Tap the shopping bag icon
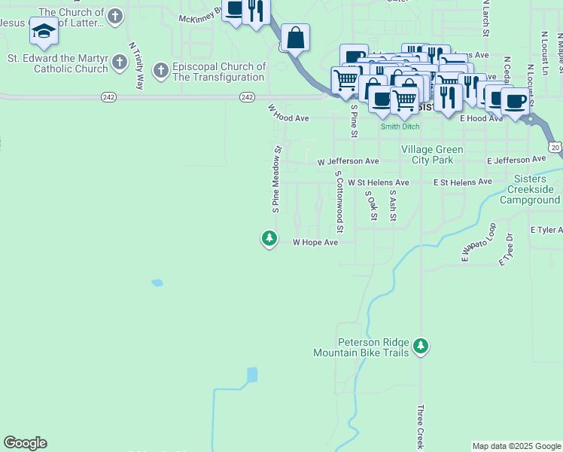click(x=296, y=37)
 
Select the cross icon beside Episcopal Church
click(x=160, y=71)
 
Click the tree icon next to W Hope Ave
click(x=269, y=239)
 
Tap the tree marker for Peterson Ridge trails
click(x=421, y=347)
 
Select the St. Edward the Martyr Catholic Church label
click(x=58, y=64)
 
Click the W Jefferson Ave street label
click(x=348, y=162)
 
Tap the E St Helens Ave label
click(x=462, y=182)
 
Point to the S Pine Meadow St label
click(x=276, y=179)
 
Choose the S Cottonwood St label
click(x=339, y=200)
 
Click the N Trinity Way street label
click(x=136, y=66)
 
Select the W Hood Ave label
click(x=289, y=113)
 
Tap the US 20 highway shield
click(x=554, y=147)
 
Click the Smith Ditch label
click(x=400, y=127)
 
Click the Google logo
click(x=25, y=443)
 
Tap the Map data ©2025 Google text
click(x=516, y=446)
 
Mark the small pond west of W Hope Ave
click(x=157, y=283)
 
